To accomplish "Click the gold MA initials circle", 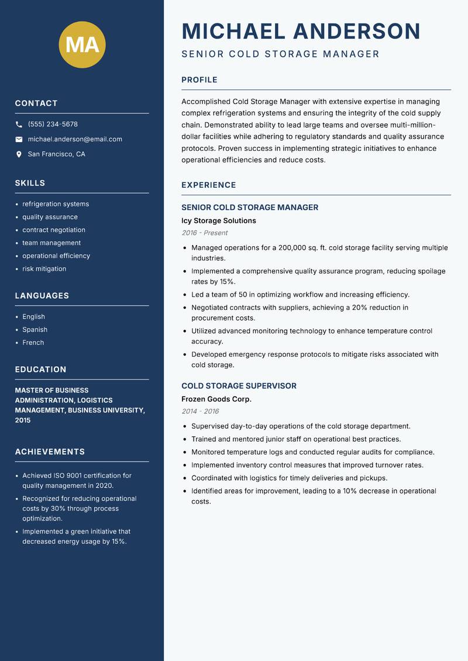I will (x=82, y=44).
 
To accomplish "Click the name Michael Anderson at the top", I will (x=301, y=31).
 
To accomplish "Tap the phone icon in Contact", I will (x=19, y=125).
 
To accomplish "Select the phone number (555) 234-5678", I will (x=53, y=125).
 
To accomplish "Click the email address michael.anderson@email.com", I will (x=75, y=139).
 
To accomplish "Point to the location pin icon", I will (x=19, y=154).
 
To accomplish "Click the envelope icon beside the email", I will (x=19, y=139).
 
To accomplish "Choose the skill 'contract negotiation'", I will (x=54, y=230).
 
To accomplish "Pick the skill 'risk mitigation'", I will (x=44, y=269).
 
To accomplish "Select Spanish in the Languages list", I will (x=35, y=330).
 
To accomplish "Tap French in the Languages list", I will (x=33, y=343).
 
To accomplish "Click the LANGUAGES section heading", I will (x=42, y=296).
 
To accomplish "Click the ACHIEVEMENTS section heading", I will (x=50, y=452).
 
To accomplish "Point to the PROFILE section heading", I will (x=199, y=80).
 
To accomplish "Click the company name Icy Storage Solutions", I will (x=219, y=221).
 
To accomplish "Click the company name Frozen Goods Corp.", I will (x=216, y=400).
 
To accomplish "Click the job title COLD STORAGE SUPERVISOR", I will (x=239, y=386).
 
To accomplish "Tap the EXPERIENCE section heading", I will (x=209, y=185).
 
